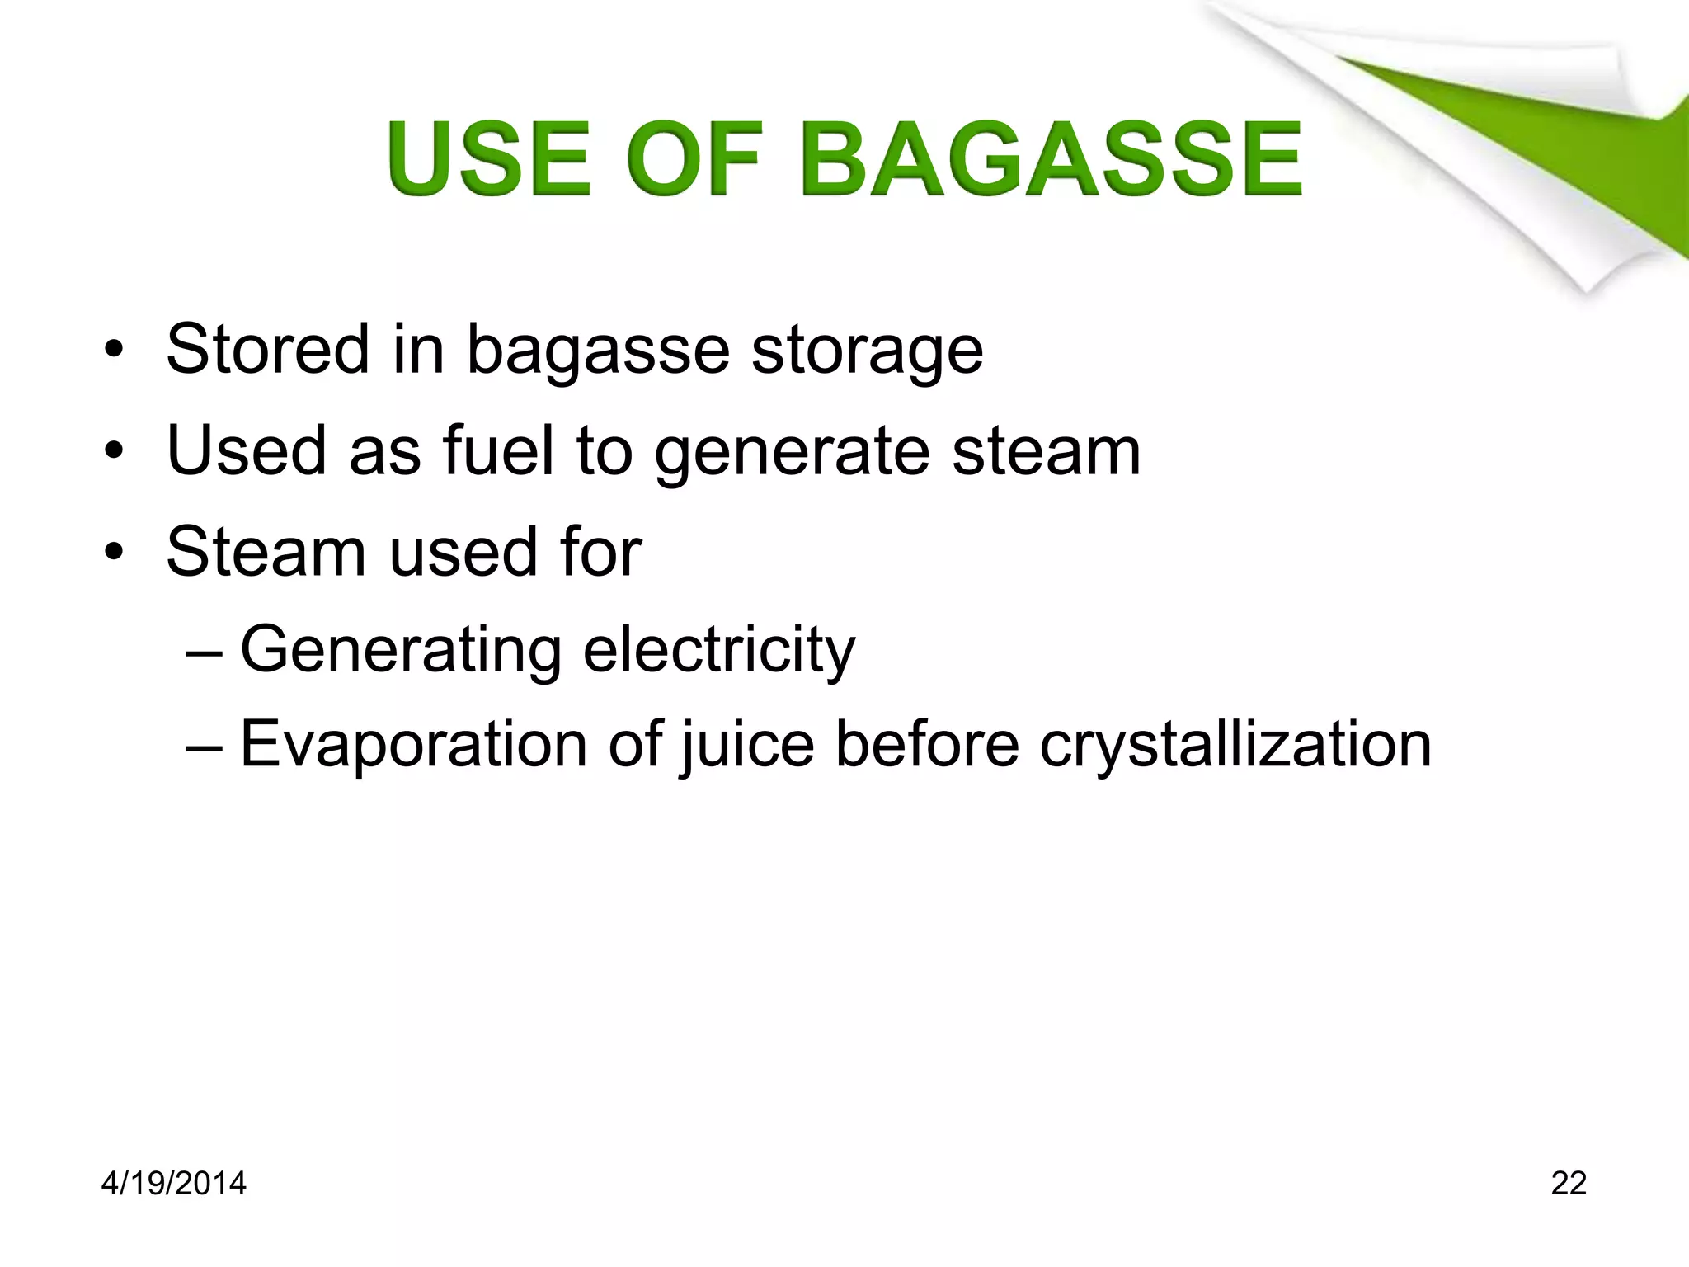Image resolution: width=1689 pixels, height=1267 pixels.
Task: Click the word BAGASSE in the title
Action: tap(1051, 158)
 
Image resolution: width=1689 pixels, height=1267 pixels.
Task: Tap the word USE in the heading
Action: tap(489, 158)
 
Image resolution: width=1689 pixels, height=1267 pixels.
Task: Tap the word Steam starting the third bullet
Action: tap(266, 552)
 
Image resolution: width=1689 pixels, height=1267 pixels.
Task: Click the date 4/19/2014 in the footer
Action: tap(173, 1184)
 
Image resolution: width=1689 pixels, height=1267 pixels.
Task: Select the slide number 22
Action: tap(1569, 1184)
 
